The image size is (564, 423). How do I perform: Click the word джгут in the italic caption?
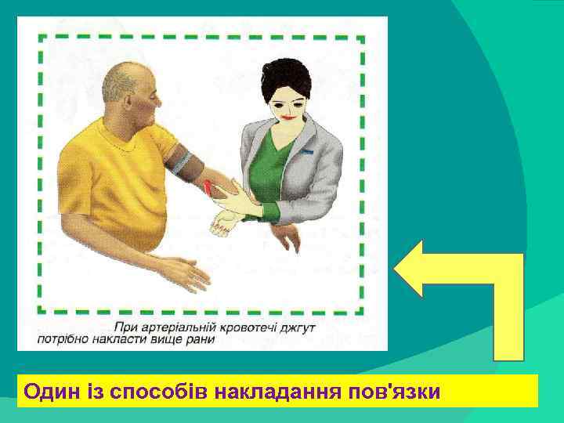[297, 326]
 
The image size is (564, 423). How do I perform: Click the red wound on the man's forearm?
[208, 186]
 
